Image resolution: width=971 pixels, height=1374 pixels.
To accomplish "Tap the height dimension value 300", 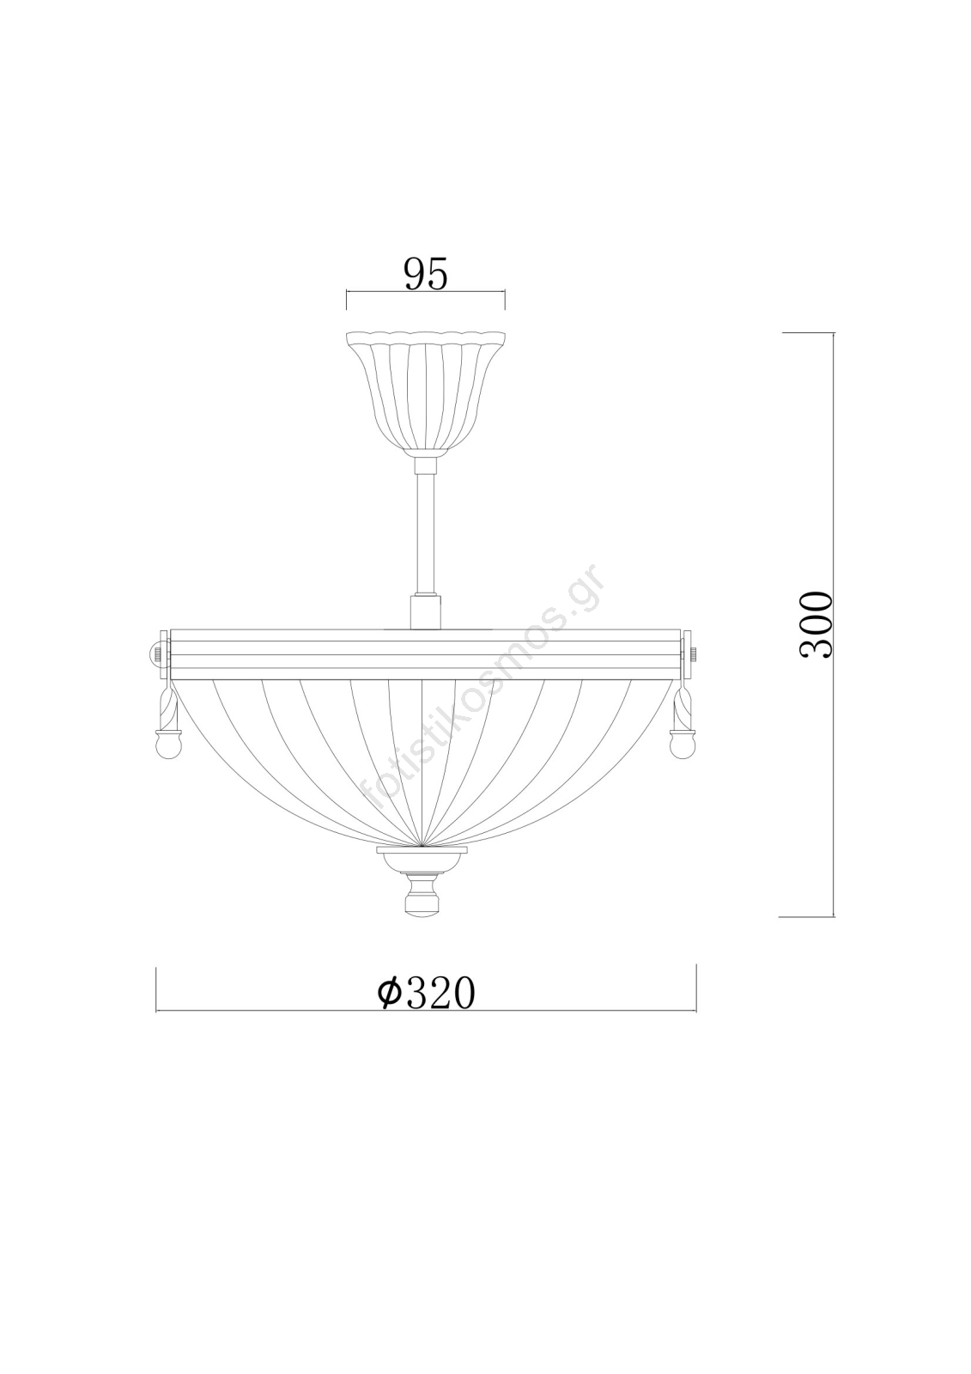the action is pyautogui.click(x=816, y=625).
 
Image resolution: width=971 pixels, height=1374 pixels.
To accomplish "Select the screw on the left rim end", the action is pyautogui.click(x=157, y=653).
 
